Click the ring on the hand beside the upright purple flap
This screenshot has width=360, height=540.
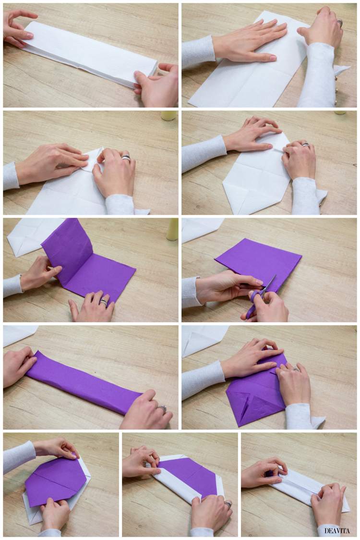[104, 302]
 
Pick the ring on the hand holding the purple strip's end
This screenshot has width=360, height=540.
[163, 409]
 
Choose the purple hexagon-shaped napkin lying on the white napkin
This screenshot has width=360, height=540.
[56, 480]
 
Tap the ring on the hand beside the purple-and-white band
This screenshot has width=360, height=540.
[228, 504]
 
